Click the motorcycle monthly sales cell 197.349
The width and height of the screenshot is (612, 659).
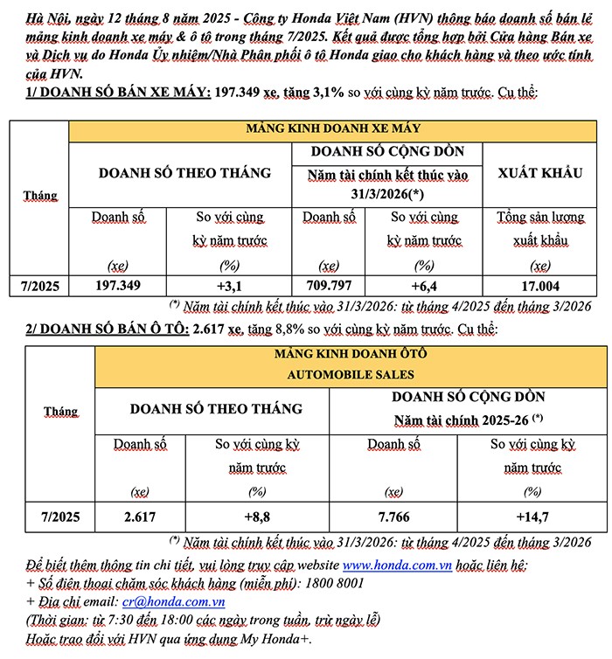[x=118, y=285]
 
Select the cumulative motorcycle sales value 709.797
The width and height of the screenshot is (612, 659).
[x=329, y=285]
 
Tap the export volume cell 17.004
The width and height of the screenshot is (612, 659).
[x=541, y=285]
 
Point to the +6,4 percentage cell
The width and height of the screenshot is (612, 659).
[x=424, y=285]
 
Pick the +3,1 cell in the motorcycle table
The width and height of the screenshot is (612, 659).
[x=229, y=285]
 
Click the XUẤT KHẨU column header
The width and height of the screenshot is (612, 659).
[x=540, y=173]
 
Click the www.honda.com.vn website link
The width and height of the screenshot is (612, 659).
[x=396, y=565]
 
